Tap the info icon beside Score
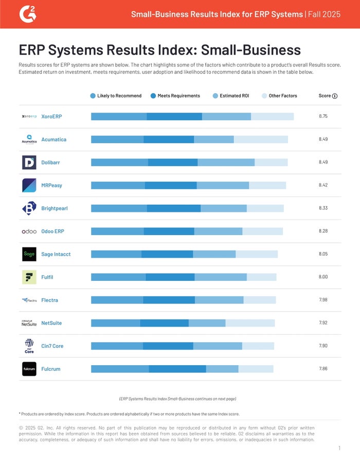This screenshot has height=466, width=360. point(335,96)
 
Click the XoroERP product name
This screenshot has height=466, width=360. point(52,117)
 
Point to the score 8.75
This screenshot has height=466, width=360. point(323,117)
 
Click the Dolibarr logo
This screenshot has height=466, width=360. point(29,163)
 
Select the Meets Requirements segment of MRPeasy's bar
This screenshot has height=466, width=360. point(171,185)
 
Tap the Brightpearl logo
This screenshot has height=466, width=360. point(29,208)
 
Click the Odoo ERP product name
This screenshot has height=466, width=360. point(52,231)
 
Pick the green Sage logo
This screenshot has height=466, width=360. point(29,254)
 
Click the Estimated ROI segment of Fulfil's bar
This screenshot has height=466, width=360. point(221,277)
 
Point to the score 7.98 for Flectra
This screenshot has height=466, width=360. point(323,300)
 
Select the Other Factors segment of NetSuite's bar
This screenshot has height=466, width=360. point(250,323)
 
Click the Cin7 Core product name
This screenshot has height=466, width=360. point(52,346)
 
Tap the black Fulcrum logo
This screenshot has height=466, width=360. point(29,369)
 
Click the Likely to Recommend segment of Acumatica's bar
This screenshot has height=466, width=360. point(117,139)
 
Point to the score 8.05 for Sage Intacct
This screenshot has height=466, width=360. point(323,254)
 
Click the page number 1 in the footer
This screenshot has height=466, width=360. point(339,449)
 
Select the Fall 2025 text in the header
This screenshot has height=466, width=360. point(323,14)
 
